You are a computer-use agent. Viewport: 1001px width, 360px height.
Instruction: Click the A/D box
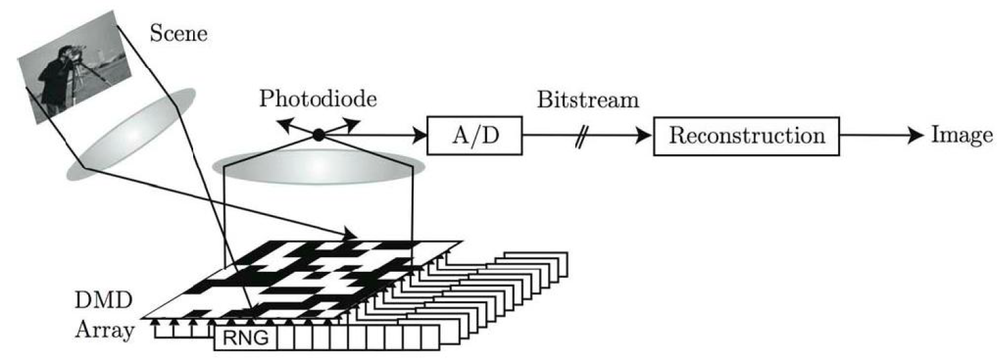tap(474, 136)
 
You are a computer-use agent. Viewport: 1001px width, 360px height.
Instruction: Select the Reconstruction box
tap(746, 136)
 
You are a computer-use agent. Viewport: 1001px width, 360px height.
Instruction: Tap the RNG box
tap(245, 339)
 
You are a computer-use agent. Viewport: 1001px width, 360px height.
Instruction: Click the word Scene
tap(178, 33)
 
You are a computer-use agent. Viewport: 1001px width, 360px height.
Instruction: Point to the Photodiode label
tap(319, 100)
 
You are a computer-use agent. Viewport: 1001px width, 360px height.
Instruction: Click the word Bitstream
tap(587, 100)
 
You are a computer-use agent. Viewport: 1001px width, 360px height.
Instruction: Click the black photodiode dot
tap(319, 136)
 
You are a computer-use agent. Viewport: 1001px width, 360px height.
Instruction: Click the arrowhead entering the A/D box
tap(421, 136)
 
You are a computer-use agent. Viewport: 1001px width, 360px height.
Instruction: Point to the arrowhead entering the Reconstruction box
tap(645, 136)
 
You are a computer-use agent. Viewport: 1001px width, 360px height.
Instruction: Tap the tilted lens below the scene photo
tap(130, 134)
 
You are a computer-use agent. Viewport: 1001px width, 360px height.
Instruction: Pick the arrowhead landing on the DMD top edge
tap(352, 234)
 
